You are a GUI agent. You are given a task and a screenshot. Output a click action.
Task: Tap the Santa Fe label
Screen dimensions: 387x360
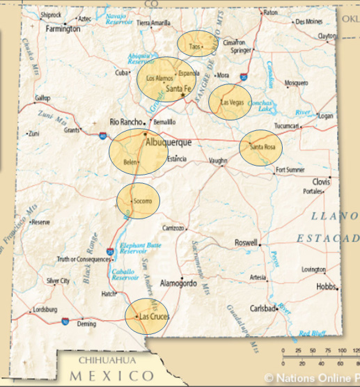click(x=179, y=88)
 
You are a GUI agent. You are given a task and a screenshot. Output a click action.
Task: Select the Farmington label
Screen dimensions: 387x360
click(x=63, y=29)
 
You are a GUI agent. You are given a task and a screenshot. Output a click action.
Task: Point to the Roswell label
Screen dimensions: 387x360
click(x=246, y=244)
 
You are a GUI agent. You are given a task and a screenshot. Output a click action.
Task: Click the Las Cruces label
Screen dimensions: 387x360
click(x=154, y=317)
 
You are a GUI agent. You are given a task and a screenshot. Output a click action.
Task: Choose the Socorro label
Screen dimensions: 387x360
click(x=142, y=200)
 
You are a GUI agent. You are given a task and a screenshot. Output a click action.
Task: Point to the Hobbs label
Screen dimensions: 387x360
click(x=327, y=286)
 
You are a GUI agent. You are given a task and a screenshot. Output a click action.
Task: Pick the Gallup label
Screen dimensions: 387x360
click(x=42, y=97)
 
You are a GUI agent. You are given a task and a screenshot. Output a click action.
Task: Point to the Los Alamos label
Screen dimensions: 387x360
click(x=159, y=79)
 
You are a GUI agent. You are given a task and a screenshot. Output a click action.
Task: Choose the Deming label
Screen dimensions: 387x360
click(x=87, y=324)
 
